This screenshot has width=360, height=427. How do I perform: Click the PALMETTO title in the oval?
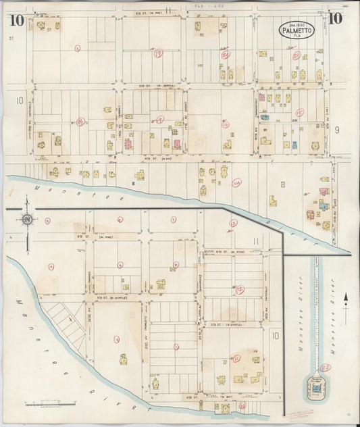[x=297, y=30]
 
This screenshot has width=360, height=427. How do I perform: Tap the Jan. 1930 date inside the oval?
[x=297, y=24]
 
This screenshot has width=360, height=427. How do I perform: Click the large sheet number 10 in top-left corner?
[x=18, y=20]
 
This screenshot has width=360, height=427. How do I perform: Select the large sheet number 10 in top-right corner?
[x=336, y=18]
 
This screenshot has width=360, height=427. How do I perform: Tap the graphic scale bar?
[x=50, y=404]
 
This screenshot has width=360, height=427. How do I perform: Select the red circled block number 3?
[x=78, y=48]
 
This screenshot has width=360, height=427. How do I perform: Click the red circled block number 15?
[x=299, y=112]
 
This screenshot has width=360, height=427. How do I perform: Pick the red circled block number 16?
[x=226, y=124]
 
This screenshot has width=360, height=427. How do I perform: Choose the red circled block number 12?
[x=240, y=289]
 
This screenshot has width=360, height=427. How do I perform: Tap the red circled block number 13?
[x=233, y=222]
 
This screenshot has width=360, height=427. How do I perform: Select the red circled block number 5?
[x=120, y=220]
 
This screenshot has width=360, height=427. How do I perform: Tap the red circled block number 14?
[x=236, y=182]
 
